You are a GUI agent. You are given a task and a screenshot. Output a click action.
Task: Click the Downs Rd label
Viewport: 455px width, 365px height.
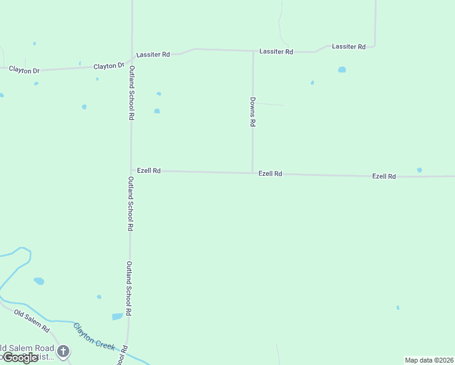(x=252, y=111)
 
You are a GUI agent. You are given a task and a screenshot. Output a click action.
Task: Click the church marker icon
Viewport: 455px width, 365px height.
(x=63, y=352)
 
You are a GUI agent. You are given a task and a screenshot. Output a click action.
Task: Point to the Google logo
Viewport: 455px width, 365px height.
(x=20, y=358)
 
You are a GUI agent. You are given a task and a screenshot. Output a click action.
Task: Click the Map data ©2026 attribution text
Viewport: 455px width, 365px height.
(x=429, y=360)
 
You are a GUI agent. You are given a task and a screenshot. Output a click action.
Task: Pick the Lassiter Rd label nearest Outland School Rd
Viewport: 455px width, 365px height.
(x=153, y=55)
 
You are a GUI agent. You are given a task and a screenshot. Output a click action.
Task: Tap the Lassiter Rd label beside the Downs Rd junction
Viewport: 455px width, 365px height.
(x=276, y=52)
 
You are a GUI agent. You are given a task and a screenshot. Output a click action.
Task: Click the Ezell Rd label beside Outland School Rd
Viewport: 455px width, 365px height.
(x=148, y=171)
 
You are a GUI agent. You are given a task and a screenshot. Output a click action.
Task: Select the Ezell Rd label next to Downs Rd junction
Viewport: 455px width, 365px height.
(x=270, y=174)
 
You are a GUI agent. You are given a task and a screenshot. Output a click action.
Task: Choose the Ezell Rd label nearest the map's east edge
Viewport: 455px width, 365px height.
(x=384, y=176)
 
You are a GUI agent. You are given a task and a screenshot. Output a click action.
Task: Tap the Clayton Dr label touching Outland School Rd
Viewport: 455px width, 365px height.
(x=109, y=66)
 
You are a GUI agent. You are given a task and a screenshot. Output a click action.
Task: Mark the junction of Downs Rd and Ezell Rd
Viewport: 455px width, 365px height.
(x=252, y=173)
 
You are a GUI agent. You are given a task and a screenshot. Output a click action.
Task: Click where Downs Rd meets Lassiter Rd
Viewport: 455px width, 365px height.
(x=253, y=51)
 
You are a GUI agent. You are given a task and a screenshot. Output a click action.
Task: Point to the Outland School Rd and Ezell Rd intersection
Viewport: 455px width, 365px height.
(x=131, y=171)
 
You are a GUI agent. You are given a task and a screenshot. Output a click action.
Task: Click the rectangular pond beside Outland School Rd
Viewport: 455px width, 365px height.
(x=117, y=316)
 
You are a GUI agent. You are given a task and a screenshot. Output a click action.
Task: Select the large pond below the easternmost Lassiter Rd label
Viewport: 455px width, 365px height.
(x=342, y=70)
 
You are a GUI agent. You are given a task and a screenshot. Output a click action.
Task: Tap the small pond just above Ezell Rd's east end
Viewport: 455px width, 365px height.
(x=419, y=170)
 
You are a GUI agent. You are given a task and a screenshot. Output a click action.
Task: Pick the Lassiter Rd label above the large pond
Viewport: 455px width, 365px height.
(x=349, y=47)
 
